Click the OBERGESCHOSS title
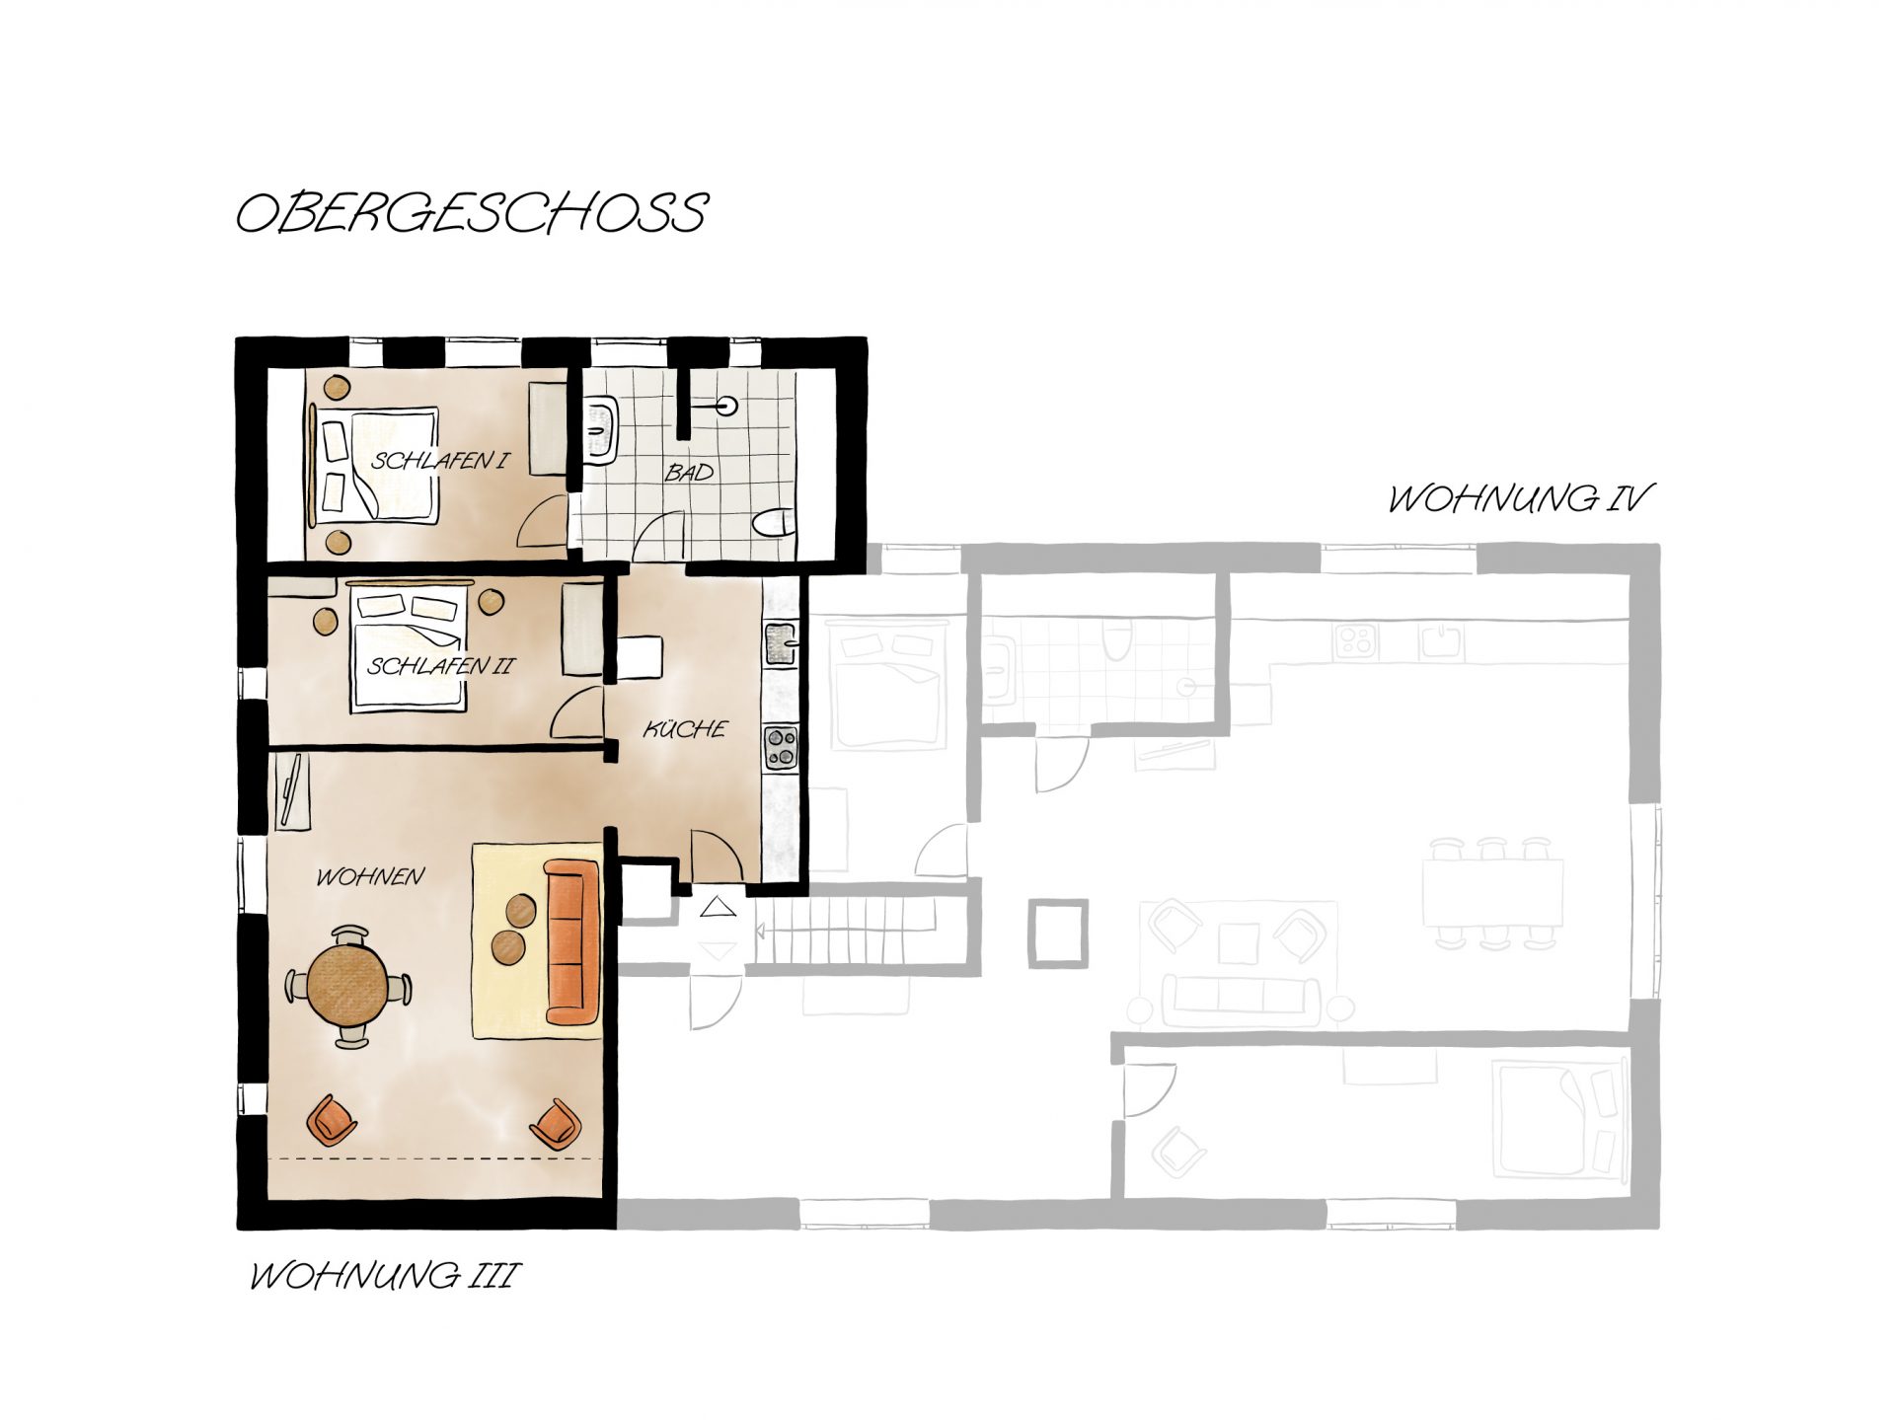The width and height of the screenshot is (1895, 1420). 472,212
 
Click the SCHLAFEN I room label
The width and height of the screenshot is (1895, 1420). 440,460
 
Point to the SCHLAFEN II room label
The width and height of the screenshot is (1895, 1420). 441,666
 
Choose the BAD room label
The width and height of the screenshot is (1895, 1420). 689,474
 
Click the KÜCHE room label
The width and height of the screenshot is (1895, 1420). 685,729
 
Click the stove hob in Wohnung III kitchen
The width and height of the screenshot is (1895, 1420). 782,746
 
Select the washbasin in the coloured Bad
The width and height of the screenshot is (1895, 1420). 601,431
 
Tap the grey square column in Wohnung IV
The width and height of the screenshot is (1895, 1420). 1058,933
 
